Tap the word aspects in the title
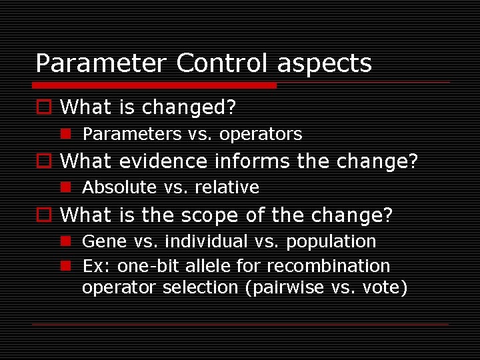pos(325,65)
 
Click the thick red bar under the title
pos(154,85)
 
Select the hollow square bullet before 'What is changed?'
pos(43,107)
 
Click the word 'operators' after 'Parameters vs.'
pos(261,135)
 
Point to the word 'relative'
pos(227,188)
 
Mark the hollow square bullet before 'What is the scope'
pos(43,215)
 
